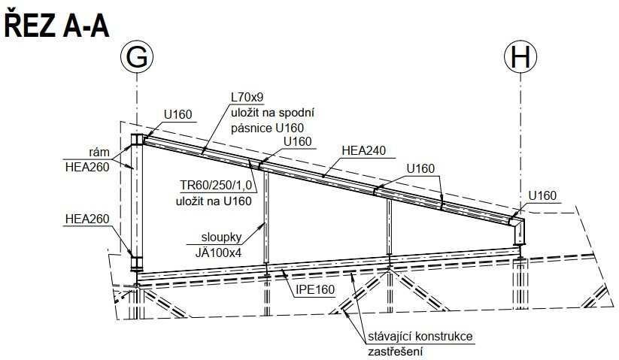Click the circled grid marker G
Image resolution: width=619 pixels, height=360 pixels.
pyautogui.click(x=137, y=57)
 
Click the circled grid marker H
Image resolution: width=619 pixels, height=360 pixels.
pyautogui.click(x=520, y=57)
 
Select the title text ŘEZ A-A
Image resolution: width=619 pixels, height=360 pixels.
pyautogui.click(x=56, y=26)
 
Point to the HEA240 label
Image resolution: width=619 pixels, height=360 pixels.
pyautogui.click(x=363, y=150)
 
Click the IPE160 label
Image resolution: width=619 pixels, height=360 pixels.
pyautogui.click(x=315, y=290)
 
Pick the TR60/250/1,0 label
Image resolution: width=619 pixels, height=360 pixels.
pyautogui.click(x=216, y=186)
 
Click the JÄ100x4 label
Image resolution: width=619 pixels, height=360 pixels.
pyautogui.click(x=218, y=253)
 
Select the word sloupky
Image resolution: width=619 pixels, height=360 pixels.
pyautogui.click(x=221, y=237)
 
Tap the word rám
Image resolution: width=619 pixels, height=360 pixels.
pyautogui.click(x=99, y=153)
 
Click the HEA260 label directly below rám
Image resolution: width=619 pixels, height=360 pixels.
pyautogui.click(x=87, y=167)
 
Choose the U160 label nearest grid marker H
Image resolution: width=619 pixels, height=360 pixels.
pyautogui.click(x=542, y=195)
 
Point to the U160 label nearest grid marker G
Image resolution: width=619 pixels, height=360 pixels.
pyautogui.click(x=178, y=114)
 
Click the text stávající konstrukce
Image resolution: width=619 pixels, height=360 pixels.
pyautogui.click(x=420, y=337)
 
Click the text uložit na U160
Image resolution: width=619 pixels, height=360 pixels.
pyautogui.click(x=214, y=201)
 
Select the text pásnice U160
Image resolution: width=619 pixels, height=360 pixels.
pyautogui.click(x=267, y=129)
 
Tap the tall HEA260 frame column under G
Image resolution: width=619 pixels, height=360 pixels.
pyautogui.click(x=137, y=202)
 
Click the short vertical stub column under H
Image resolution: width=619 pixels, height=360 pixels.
pyautogui.click(x=519, y=233)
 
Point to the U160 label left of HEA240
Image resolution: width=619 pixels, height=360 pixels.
pyautogui.click(x=298, y=141)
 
